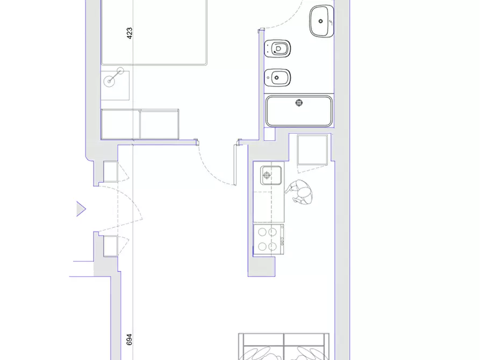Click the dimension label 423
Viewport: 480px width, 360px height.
pos(130,33)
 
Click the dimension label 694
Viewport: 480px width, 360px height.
pos(129,340)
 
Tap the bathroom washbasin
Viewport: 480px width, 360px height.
pos(321,21)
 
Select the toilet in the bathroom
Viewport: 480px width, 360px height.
pos(277,48)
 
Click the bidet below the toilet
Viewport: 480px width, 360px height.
pos(277,78)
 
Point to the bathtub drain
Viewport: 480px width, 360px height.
pos(299,103)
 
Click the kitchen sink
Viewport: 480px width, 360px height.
pos(271,175)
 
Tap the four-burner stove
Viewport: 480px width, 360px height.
pos(268,240)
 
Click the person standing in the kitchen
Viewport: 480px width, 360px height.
pos(299,192)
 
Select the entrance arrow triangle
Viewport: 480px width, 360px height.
pos(81,209)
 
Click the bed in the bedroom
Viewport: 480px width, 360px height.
pos(154,32)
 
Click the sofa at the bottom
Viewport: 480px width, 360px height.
pos(284,347)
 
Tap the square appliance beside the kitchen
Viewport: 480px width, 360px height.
pos(312,150)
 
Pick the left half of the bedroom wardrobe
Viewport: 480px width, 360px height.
pos(120,124)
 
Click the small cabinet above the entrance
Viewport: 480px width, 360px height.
pos(111,171)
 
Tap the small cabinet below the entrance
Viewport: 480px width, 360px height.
pos(111,246)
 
